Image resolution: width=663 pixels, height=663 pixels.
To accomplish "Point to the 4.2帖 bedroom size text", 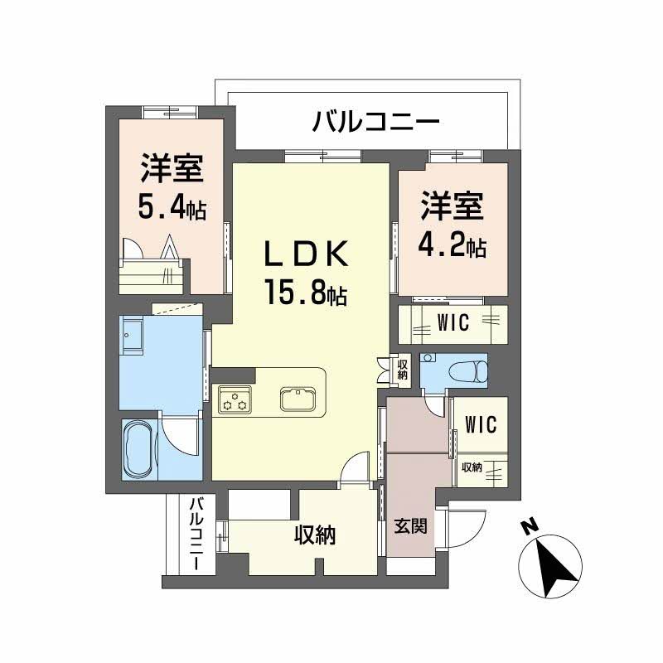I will click(x=452, y=245).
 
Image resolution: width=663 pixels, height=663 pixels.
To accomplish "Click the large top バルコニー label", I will click(x=375, y=123).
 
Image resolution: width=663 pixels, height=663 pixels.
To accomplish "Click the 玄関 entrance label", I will click(x=411, y=525).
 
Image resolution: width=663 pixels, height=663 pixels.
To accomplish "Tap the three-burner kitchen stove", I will click(x=234, y=400).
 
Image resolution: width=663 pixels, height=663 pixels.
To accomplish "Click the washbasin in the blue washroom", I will click(x=133, y=336).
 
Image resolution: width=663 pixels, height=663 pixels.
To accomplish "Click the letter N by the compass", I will click(x=525, y=526).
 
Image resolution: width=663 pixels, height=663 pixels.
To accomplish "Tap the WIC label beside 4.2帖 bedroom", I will click(x=452, y=323).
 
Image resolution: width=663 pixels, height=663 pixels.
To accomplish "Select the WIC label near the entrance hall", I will click(x=480, y=425).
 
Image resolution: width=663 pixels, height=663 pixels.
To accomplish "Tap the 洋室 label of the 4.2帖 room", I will click(x=452, y=207).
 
